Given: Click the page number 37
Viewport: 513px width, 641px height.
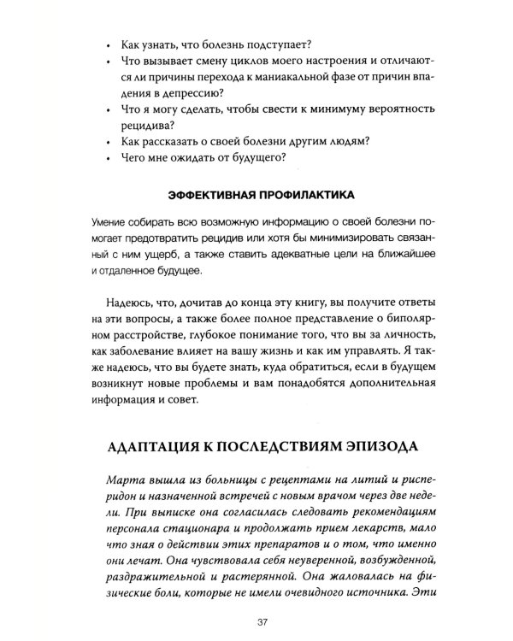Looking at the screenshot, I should pyautogui.click(x=256, y=621).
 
